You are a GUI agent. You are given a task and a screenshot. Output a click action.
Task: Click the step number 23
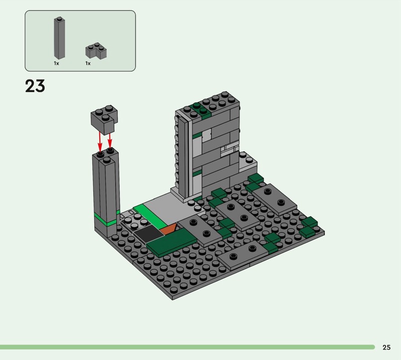click(x=35, y=86)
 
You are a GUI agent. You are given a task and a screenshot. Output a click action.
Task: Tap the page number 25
click(x=386, y=347)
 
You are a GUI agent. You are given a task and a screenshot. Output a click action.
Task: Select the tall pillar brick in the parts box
click(x=59, y=38)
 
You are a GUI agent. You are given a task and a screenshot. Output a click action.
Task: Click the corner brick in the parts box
click(x=96, y=50)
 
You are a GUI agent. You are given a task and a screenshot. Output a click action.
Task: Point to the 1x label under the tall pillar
click(x=57, y=63)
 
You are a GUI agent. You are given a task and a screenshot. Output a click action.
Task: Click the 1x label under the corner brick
click(x=88, y=63)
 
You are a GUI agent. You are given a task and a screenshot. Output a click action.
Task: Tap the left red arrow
click(x=100, y=142)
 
